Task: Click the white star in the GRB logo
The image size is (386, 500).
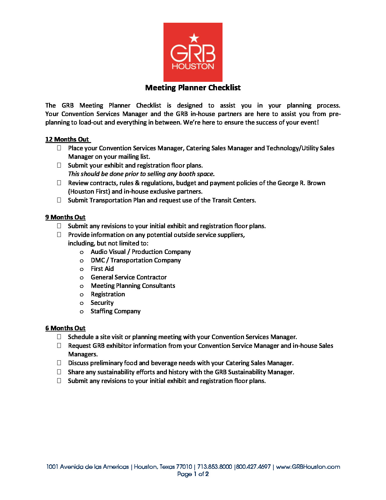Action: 194,38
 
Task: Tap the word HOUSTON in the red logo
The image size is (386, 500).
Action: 193,66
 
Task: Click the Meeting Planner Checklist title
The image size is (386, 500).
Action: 193,88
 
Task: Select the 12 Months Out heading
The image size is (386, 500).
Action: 67,139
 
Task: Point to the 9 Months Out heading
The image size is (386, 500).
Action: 65,217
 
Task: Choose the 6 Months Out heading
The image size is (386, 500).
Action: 65,328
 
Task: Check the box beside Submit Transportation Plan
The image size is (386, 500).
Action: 59,200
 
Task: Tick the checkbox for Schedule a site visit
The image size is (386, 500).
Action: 59,337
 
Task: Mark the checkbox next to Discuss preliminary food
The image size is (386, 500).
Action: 59,363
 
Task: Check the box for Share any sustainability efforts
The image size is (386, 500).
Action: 59,372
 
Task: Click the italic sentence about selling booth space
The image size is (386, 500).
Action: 141,174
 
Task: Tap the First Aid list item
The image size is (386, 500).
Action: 102,269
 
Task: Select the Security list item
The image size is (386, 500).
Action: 102,303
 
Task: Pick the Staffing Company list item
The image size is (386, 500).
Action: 116,311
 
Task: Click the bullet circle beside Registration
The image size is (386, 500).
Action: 82,295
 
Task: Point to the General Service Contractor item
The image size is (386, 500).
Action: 129,277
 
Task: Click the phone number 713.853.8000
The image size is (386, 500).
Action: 215,467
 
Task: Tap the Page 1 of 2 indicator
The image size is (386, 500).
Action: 193,474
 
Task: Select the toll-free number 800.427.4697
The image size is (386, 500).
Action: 253,467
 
